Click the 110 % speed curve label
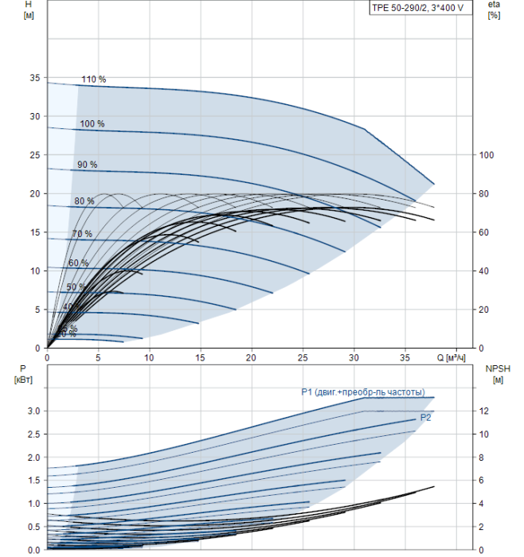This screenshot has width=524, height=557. pos(93,80)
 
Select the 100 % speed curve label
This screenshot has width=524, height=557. pos(92,124)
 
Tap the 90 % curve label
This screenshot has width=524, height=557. pos(87,165)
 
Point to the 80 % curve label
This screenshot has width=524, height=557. pos(84,201)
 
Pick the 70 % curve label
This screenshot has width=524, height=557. pos(82,234)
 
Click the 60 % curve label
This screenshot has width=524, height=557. pos(78,263)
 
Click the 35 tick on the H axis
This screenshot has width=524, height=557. pos(34,78)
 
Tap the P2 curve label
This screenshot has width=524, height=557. pos(425,417)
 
